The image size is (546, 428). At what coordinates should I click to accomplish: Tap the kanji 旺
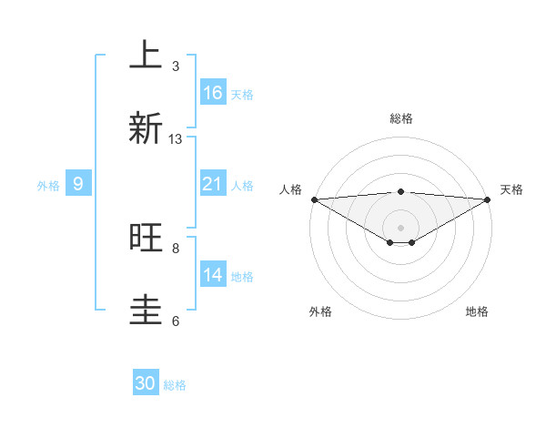coord(146,238)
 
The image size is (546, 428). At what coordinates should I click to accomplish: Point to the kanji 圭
coord(146,310)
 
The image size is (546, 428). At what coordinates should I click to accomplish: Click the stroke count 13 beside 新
coord(176,139)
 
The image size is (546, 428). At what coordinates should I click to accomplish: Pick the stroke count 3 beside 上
coord(176,66)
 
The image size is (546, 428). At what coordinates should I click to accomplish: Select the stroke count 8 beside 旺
coord(176,248)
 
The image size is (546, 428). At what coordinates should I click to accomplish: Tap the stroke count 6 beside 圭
coord(176,321)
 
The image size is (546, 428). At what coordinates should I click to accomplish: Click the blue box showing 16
coord(213,93)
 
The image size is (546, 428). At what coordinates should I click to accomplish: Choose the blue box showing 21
coord(213,184)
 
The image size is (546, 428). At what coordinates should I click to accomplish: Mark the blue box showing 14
coord(213,275)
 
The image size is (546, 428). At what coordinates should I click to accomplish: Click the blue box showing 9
coord(79,184)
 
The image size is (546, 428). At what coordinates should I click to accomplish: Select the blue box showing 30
coord(146,383)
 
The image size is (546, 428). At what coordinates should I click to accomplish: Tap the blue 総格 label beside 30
coord(176,385)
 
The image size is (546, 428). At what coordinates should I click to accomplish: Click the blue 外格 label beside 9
coord(48,185)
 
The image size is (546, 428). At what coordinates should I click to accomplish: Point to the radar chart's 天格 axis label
coord(512,189)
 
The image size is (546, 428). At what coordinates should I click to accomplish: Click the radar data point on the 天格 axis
coord(488,199)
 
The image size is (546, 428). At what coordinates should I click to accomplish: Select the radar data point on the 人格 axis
coord(314,199)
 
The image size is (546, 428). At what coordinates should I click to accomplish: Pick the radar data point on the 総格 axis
coord(401,191)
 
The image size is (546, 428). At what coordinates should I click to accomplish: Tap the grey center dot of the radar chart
coord(401,228)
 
